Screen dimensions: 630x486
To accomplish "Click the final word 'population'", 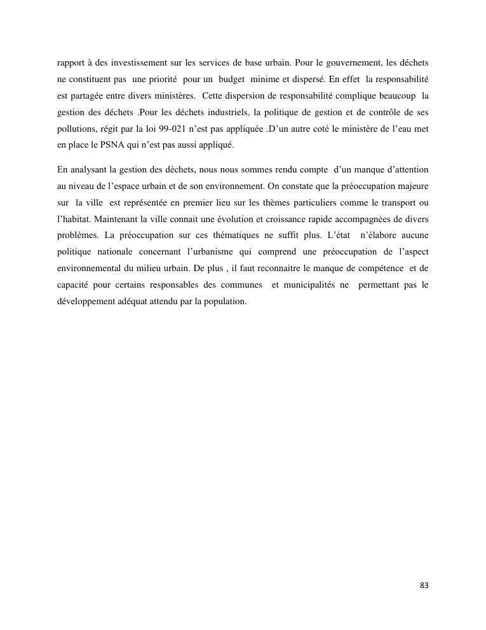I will pos(224,302).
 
